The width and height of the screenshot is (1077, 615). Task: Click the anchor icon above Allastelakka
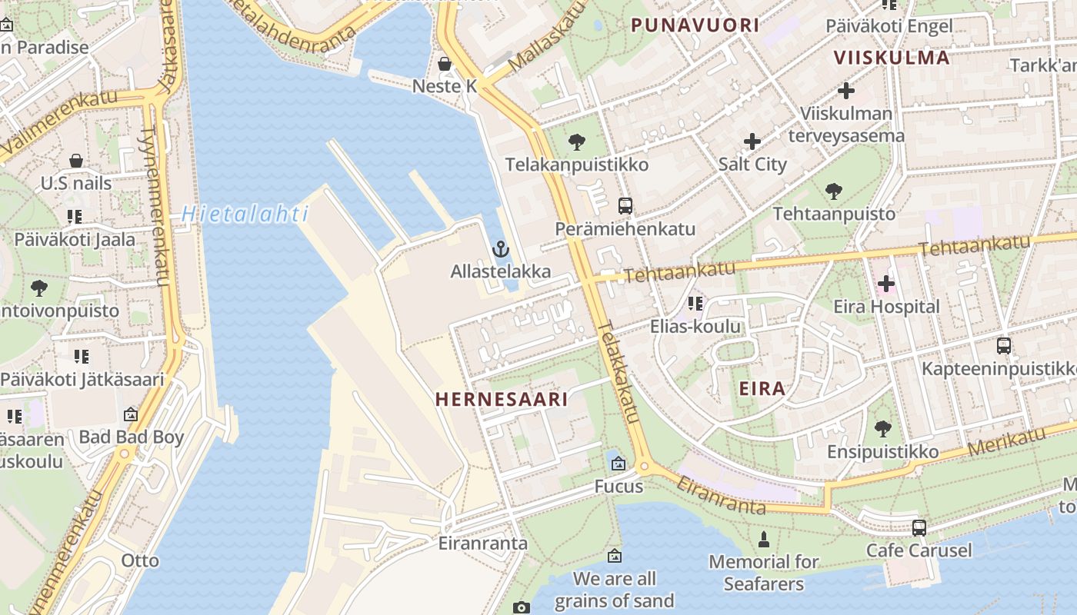pos(501,249)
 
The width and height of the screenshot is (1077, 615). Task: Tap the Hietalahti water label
pos(245,214)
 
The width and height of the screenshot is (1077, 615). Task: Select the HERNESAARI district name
pos(502,399)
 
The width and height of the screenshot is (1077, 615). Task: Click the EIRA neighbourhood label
pos(762,388)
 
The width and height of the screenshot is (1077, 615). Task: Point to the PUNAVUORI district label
pos(695,25)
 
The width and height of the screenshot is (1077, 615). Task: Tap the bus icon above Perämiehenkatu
pos(625,206)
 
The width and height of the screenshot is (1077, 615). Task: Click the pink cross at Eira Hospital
pos(885,284)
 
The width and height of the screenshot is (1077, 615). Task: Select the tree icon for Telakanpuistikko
pos(576,142)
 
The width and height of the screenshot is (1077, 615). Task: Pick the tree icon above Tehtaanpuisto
pos(833,191)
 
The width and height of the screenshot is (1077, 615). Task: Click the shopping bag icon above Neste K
pos(444,63)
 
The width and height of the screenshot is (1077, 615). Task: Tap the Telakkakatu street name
pos(619,372)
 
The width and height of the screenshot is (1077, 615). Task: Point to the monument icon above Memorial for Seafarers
pos(764,540)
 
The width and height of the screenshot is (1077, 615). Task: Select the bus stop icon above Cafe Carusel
pos(919,528)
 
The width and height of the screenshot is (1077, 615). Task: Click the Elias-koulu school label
pos(695,326)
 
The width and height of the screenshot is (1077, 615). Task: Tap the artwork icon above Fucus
pos(619,464)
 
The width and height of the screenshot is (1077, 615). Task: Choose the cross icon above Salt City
pos(752,141)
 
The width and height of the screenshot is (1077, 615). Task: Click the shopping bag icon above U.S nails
pos(76,161)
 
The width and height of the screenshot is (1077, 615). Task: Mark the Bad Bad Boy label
pos(132,437)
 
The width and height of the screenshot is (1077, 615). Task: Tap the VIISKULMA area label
pos(892,58)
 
